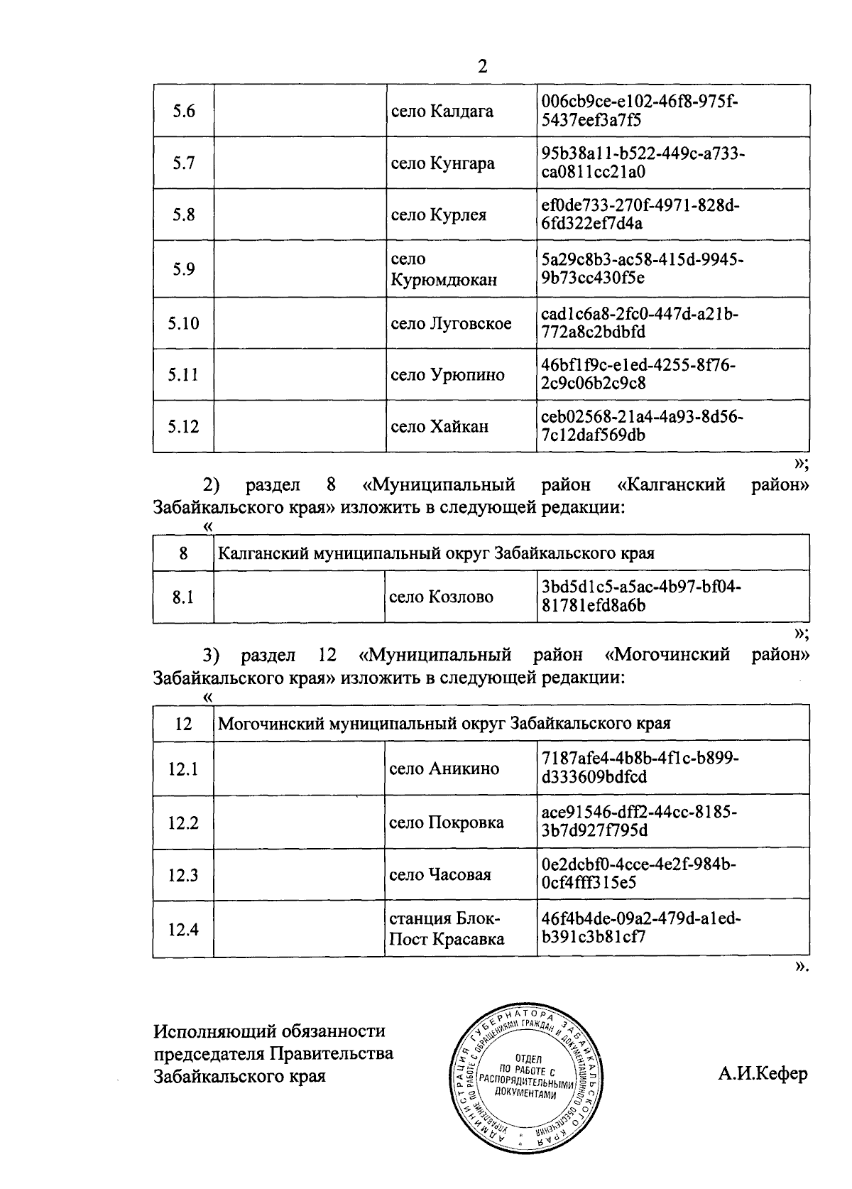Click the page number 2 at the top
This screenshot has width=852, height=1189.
point(483,67)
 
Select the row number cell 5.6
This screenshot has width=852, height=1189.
point(183,112)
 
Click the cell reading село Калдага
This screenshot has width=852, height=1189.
point(442,112)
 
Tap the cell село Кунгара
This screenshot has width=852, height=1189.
point(443,163)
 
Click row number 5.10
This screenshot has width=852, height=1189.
point(183,323)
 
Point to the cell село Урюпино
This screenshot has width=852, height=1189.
point(448,375)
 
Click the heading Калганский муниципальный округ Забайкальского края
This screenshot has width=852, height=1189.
point(436,553)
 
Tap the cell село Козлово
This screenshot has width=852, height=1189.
point(441,597)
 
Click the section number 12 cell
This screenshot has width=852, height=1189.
point(183,724)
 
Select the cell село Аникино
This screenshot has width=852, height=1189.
point(444,769)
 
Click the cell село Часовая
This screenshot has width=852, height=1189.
point(440,874)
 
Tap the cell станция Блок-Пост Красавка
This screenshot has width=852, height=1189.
point(447,929)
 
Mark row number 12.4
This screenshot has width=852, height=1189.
point(183,929)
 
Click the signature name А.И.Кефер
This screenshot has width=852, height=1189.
point(763,1073)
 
